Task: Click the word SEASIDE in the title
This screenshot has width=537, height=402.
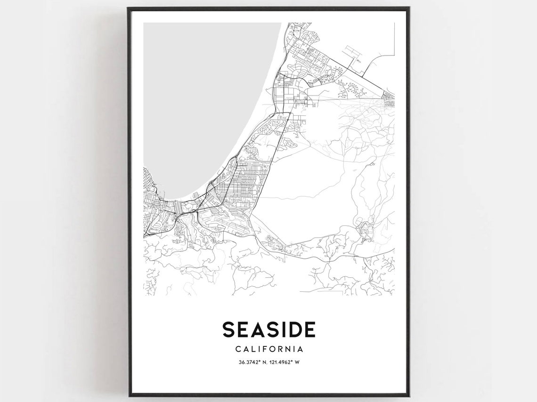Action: tap(268, 330)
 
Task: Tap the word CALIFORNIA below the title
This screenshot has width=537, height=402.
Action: tap(268, 349)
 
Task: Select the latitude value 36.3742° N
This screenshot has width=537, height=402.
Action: tap(249, 362)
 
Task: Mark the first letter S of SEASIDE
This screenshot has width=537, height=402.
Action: tap(228, 330)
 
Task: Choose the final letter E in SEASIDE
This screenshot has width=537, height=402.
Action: tap(309, 330)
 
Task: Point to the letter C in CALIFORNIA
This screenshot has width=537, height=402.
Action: tap(237, 349)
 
